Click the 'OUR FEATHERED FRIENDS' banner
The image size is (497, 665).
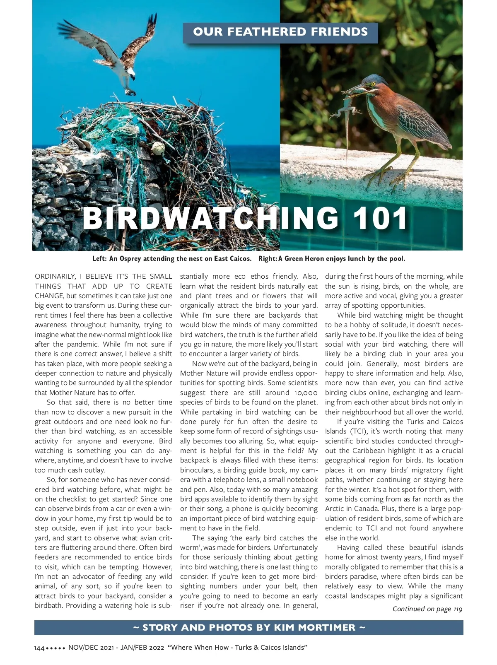[x=280, y=32]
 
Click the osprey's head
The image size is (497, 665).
[x=131, y=73]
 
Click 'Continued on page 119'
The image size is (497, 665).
[x=427, y=609]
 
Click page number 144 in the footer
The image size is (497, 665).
[x=39, y=648]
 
